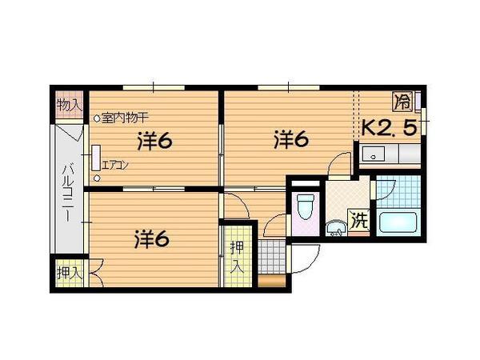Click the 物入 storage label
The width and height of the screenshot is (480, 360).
coord(70,106)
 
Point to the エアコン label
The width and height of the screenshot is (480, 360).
coord(114,166)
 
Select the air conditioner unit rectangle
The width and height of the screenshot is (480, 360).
coord(96,158)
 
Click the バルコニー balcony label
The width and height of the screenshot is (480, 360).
coord(69,193)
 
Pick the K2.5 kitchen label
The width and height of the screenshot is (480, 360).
coord(390,128)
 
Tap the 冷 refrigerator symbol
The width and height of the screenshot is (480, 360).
coord(403,102)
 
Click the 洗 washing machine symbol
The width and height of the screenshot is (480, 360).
coord(358,221)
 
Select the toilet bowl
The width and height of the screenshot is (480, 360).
coord(306,206)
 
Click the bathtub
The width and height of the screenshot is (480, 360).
coord(398,222)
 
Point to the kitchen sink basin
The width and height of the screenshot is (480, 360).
coord(374,154)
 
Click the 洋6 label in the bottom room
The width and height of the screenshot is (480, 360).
coord(152,239)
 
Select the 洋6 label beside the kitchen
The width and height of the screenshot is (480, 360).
coord(291,139)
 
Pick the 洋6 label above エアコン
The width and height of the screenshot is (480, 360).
coord(155,141)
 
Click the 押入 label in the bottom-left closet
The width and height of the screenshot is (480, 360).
coord(70,273)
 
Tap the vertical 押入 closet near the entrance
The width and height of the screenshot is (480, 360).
coord(238,257)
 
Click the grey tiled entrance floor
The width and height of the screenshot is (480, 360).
coord(272,257)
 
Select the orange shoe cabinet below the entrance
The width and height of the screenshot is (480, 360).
coord(272,281)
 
